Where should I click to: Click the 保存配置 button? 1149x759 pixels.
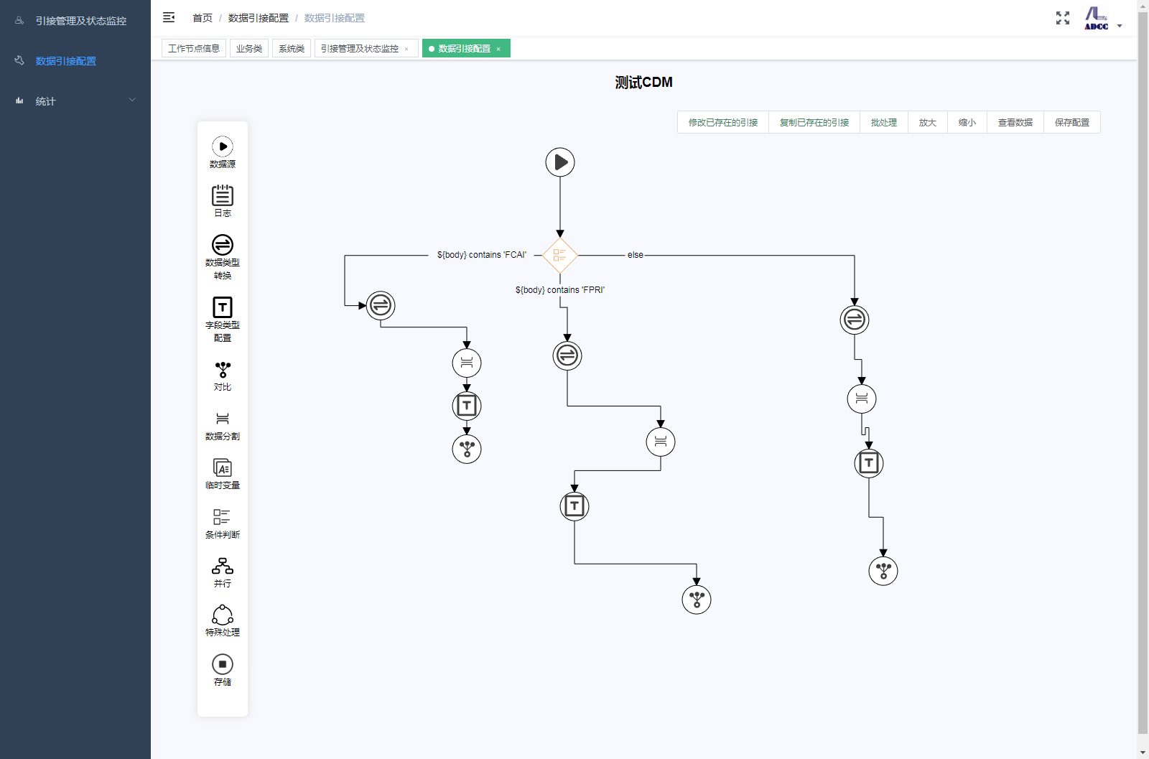(x=1071, y=123)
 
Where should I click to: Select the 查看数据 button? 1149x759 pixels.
(x=1015, y=123)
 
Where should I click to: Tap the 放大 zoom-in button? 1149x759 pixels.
(x=927, y=123)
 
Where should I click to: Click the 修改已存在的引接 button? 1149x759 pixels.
(x=722, y=123)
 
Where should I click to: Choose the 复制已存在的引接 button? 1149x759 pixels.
(x=814, y=123)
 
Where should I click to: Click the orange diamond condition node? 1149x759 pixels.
(x=559, y=255)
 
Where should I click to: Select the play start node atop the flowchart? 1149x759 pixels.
(x=559, y=162)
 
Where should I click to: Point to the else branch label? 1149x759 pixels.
(x=635, y=255)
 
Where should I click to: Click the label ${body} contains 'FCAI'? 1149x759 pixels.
(x=482, y=255)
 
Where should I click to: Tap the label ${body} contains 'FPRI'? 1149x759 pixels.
(x=560, y=290)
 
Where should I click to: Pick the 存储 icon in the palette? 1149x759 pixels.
(x=222, y=664)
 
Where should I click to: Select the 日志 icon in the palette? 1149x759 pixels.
(x=222, y=195)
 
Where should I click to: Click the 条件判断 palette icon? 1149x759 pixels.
(x=222, y=516)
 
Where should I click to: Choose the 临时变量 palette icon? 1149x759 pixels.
(x=222, y=467)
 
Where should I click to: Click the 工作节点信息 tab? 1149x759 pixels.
(x=194, y=49)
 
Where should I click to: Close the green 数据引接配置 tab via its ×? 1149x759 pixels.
(x=498, y=49)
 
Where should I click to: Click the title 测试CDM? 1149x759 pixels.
(x=643, y=82)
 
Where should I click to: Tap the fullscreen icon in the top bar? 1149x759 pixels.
(x=1062, y=18)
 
